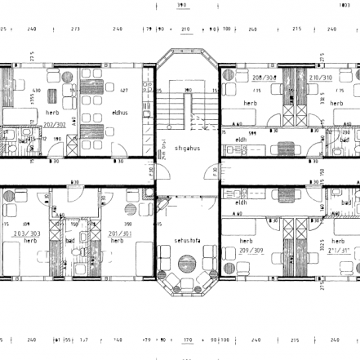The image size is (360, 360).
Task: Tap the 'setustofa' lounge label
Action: tap(187, 242)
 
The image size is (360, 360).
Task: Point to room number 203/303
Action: tap(28, 233)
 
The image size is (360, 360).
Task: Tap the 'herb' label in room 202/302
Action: tap(51, 113)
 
